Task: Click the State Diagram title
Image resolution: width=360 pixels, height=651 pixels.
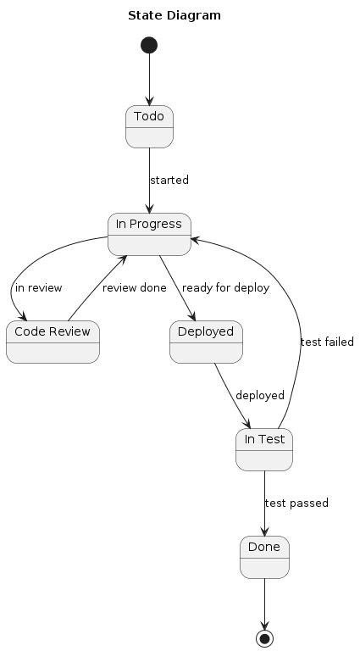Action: pyautogui.click(x=175, y=15)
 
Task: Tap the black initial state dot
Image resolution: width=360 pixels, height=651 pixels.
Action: pyautogui.click(x=150, y=44)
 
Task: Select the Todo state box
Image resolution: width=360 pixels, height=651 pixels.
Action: pyautogui.click(x=150, y=126)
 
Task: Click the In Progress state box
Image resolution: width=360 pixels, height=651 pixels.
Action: pyautogui.click(x=150, y=234)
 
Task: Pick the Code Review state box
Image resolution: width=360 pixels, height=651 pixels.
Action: pyautogui.click(x=53, y=342)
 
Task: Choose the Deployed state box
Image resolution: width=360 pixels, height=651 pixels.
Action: pyautogui.click(x=206, y=342)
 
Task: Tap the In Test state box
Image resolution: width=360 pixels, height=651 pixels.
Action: pyautogui.click(x=264, y=449)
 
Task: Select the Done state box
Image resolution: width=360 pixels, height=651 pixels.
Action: pyautogui.click(x=264, y=557)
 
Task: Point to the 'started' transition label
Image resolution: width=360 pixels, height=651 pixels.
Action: pyautogui.click(x=169, y=181)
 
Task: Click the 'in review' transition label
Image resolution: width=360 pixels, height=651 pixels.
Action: pyautogui.click(x=39, y=288)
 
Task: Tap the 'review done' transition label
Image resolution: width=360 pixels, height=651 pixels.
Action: pyautogui.click(x=135, y=288)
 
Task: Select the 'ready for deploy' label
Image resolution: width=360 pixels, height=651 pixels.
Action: pyautogui.click(x=225, y=288)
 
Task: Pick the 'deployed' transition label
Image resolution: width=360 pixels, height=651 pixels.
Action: pyautogui.click(x=260, y=396)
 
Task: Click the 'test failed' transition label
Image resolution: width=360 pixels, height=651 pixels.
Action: pyautogui.click(x=327, y=342)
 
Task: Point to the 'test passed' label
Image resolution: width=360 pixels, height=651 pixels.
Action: pyautogui.click(x=296, y=504)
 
